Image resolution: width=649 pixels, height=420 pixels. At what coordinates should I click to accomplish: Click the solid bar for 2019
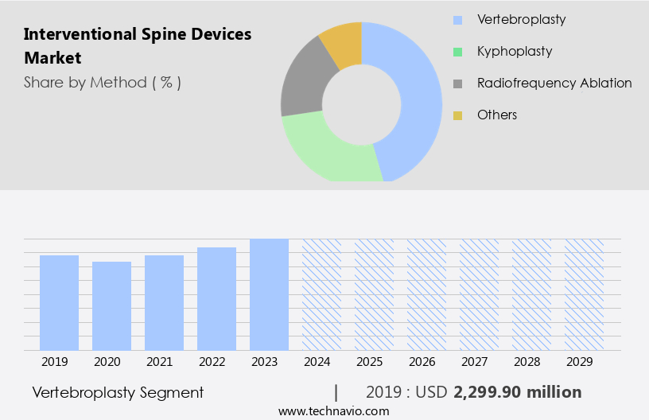[59, 302]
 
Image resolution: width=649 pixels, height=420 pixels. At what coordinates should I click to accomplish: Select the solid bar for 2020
[111, 305]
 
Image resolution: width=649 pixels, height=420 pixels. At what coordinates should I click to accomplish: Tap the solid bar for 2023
[269, 294]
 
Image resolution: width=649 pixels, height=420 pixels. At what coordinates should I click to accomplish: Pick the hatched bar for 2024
[321, 294]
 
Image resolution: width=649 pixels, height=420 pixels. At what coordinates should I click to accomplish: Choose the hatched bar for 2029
[584, 294]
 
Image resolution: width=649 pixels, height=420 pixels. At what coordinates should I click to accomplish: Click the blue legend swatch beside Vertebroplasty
[457, 20]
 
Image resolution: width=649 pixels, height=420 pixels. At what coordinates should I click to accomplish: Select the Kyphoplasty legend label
[514, 51]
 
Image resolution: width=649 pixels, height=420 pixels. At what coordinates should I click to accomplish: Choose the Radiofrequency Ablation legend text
[554, 83]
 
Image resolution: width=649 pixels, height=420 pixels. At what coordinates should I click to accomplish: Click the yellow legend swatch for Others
[457, 115]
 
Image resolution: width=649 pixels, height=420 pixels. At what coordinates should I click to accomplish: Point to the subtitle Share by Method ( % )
[103, 82]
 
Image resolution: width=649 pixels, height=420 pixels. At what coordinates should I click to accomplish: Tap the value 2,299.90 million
[517, 392]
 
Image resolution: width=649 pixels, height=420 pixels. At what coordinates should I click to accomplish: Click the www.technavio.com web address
[333, 410]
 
